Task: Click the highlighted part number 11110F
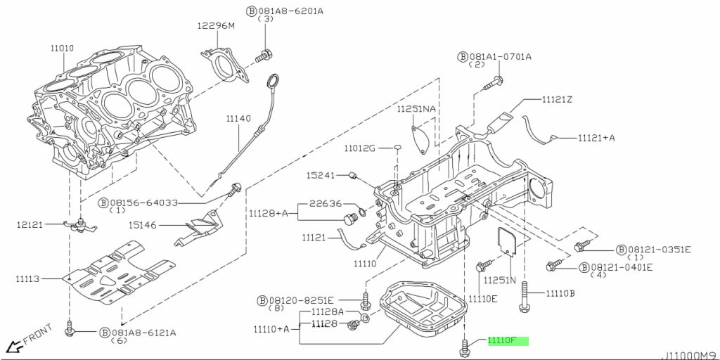pyautogui.click(x=502, y=341)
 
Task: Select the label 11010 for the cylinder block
pyautogui.click(x=63, y=49)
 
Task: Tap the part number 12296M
pyautogui.click(x=217, y=26)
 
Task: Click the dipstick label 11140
pyautogui.click(x=238, y=118)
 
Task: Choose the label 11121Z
pyautogui.click(x=557, y=100)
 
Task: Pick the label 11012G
pyautogui.click(x=360, y=148)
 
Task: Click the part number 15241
pyautogui.click(x=321, y=175)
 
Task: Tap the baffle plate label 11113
pyautogui.click(x=28, y=278)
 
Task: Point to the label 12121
pyautogui.click(x=30, y=224)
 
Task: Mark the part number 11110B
pyautogui.click(x=560, y=293)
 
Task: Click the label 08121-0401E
pyautogui.click(x=622, y=266)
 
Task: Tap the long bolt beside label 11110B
pyautogui.click(x=525, y=297)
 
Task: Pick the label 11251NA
pyautogui.click(x=416, y=109)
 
